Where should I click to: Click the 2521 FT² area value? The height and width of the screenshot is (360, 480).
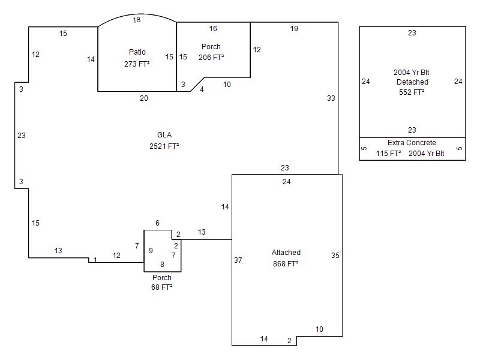[x=164, y=146]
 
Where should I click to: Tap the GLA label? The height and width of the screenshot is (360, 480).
[x=164, y=134]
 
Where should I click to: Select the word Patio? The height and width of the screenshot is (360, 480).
[x=137, y=52]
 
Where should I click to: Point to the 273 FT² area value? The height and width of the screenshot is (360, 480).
[x=137, y=64]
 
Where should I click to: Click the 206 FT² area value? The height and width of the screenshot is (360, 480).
[x=211, y=58]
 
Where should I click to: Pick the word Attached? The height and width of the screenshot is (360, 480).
[x=286, y=253]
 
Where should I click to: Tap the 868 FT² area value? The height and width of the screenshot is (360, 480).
[x=286, y=263]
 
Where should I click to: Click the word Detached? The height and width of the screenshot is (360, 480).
[x=412, y=82]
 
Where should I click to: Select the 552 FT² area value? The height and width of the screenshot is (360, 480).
[x=412, y=92]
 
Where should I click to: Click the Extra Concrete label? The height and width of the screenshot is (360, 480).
[x=412, y=143]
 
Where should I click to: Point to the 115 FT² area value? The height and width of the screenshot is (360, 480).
[x=388, y=154]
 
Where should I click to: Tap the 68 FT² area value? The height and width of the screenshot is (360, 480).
[x=162, y=287]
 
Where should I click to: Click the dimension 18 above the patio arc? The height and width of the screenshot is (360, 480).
[x=137, y=20]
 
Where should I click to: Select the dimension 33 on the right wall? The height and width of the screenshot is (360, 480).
[x=331, y=98]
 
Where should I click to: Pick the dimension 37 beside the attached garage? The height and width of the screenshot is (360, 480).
[x=238, y=260]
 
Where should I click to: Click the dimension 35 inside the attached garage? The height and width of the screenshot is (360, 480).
[x=335, y=256]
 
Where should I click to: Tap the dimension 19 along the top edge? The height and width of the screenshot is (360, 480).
[x=294, y=28]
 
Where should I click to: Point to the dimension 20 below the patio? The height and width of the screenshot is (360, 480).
[x=144, y=98]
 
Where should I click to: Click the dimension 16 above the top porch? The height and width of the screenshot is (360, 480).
[x=213, y=28]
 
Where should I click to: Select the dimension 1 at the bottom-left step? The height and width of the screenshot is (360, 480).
[x=95, y=260]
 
